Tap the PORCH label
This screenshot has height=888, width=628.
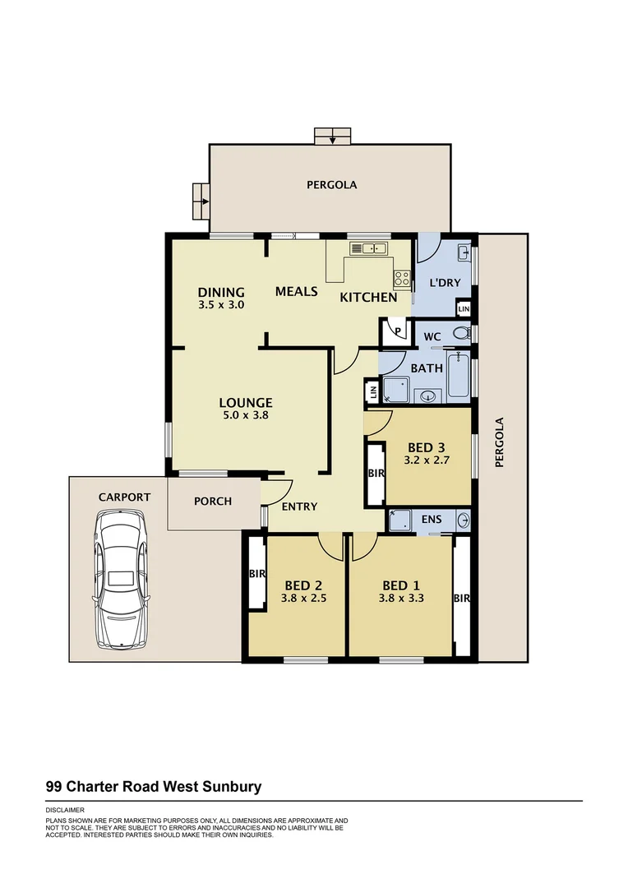coord(213,501)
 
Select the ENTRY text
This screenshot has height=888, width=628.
coord(299,506)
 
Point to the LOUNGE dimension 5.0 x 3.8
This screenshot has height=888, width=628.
coord(246,415)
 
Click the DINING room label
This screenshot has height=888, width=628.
coord(221,292)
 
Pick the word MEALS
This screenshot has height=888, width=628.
coord(296,291)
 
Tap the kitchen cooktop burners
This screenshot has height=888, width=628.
coord(402,279)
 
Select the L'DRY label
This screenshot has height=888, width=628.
coord(445,284)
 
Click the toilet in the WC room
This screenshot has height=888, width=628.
coord(463,333)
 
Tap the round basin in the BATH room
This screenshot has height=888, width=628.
coord(428,395)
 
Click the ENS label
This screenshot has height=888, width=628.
coord(431,520)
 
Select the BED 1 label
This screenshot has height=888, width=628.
coord(401,585)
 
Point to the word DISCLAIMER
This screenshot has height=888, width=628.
coord(66,810)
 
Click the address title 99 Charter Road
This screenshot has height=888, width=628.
coord(153,787)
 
